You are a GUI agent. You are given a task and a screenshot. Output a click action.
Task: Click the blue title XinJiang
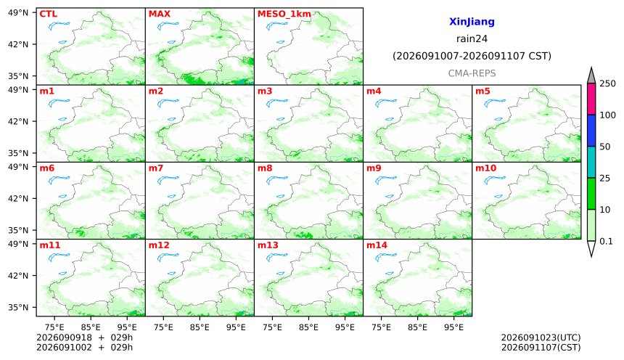pos(472,22)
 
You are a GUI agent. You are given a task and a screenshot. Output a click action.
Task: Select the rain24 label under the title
pos(472,39)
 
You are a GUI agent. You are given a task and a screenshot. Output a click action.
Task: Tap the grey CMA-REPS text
pos(472,73)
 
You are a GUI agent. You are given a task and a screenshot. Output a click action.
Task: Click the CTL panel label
pos(48,14)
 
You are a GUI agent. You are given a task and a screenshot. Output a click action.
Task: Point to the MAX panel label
pos(159,14)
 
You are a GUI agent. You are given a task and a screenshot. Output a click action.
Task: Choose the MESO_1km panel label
pos(284,15)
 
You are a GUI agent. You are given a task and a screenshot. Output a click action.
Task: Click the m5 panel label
pos(483,91)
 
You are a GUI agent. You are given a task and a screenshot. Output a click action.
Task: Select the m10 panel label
pos(485,168)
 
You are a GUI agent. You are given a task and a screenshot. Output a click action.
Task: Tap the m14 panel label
pos(377,245)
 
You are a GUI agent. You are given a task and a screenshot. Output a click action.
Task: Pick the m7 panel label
pos(156,168)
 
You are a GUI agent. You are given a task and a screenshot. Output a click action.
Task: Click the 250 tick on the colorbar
pos(608,83)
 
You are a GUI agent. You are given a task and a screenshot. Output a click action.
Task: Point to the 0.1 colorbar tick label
pos(606,241)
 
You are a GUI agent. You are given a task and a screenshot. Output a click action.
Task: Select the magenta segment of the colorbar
pos(591,99)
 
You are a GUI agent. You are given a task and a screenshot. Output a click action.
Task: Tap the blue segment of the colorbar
pos(591,131)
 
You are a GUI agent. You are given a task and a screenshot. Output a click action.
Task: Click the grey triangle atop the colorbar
pos(591,76)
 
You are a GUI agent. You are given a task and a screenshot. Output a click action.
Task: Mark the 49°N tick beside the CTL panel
pos(18,13)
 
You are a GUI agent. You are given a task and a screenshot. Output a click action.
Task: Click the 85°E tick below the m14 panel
pos(417,327)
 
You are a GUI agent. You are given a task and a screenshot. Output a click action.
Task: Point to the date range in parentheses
pos(472,56)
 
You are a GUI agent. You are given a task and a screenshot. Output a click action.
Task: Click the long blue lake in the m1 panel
pos(59,103)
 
